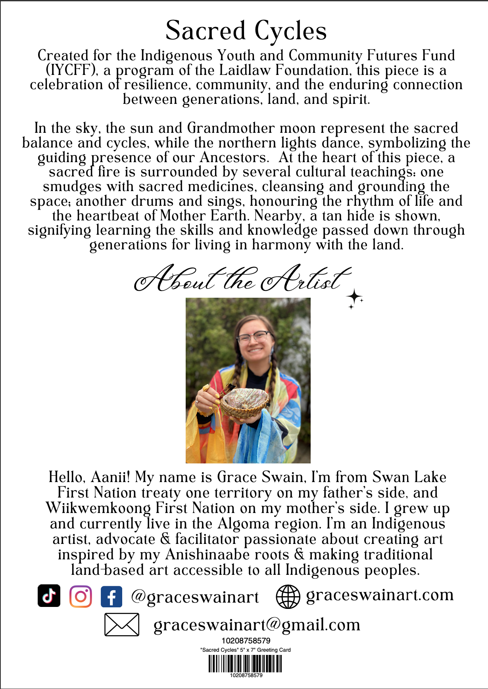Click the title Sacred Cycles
[246, 31]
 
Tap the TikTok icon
[49, 595]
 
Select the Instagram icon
[81, 596]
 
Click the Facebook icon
[111, 597]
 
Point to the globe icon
[288, 597]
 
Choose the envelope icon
[122, 625]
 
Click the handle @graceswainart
[195, 597]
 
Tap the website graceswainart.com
[380, 595]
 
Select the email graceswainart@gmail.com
[257, 625]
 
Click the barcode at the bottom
[245, 664]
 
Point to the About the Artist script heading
[242, 279]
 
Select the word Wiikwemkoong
[98, 508]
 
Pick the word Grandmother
[231, 128]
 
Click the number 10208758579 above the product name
[246, 641]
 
